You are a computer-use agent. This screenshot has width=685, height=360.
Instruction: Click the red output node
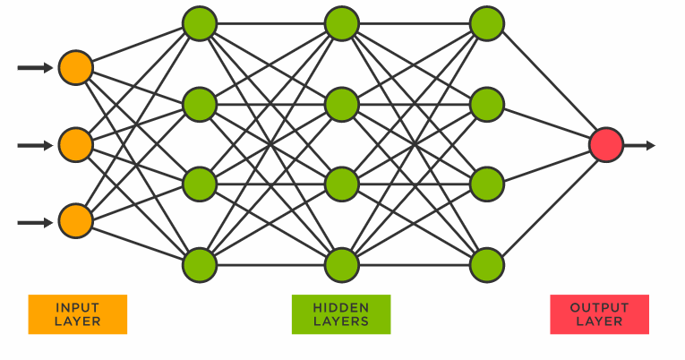(x=606, y=145)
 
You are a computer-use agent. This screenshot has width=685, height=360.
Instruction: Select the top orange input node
(x=76, y=67)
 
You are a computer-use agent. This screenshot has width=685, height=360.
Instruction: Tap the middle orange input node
(x=76, y=143)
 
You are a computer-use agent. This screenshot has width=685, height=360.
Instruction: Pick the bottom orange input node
(x=76, y=220)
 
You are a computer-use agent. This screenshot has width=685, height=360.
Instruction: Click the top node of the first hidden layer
(x=200, y=23)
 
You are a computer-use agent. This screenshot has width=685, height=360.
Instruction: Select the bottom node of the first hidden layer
(x=200, y=264)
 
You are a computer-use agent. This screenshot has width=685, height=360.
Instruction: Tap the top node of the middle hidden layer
(x=342, y=23)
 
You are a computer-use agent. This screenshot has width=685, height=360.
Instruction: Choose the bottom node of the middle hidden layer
(x=342, y=264)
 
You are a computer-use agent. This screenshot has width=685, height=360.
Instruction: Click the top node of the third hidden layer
(x=486, y=23)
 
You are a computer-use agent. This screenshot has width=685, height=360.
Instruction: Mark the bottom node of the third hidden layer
(x=486, y=264)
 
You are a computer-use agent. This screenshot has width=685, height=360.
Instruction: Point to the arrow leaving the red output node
(x=640, y=145)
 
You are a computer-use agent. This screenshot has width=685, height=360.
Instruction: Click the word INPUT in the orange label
(x=77, y=307)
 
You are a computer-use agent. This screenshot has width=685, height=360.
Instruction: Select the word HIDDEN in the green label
(x=341, y=307)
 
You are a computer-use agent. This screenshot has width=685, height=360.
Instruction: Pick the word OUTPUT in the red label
(x=599, y=307)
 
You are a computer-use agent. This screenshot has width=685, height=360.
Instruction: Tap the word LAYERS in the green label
(x=341, y=321)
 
